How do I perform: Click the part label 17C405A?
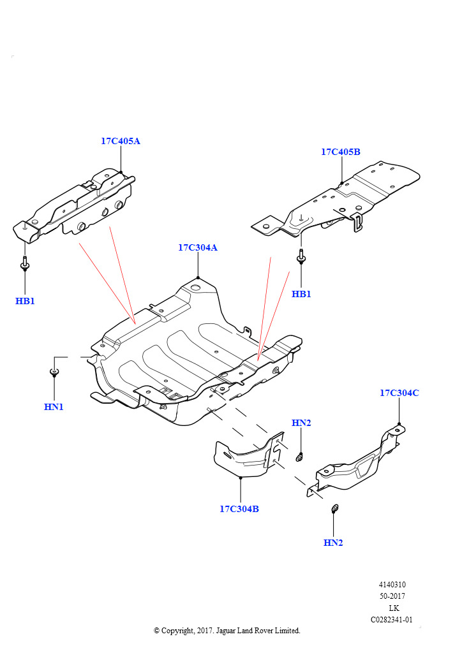[x=120, y=141]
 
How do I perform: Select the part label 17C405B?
[x=340, y=152]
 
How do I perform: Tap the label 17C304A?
[x=197, y=247]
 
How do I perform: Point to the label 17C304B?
[x=239, y=509]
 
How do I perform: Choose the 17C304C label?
[x=399, y=393]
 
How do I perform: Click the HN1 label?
[x=54, y=407]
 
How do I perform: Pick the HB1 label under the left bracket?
[x=25, y=300]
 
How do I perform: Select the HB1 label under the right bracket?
[x=301, y=294]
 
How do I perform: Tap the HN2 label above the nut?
[x=301, y=423]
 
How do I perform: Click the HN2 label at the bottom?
[x=333, y=543]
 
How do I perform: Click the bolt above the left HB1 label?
[x=24, y=263]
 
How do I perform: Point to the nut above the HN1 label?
[x=54, y=371]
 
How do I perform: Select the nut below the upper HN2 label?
[x=300, y=457]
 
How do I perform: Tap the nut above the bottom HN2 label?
[x=333, y=508]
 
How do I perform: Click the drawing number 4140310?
[x=392, y=585]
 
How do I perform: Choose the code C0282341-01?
[x=392, y=619]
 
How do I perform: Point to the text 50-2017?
[x=392, y=596]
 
